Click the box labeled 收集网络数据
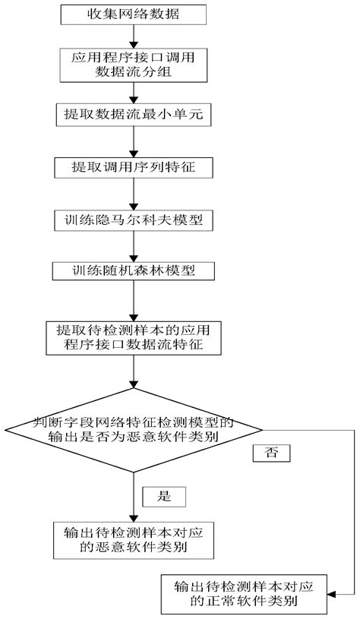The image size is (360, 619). tap(134, 14)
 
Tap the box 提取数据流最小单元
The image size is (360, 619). tap(134, 115)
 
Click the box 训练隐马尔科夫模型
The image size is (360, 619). tap(134, 221)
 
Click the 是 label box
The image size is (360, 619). tap(164, 497)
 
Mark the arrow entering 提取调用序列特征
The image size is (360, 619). tap(134, 141)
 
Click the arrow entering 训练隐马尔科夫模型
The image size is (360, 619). tap(134, 194)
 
